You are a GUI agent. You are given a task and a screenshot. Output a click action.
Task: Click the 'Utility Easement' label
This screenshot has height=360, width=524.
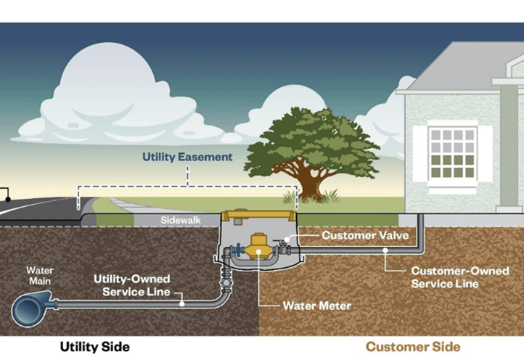pos(187,157)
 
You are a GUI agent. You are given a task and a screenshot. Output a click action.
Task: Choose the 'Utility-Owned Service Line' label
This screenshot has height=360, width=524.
pos(132,285)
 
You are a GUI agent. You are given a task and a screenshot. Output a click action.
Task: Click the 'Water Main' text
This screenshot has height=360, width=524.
pos(40,276)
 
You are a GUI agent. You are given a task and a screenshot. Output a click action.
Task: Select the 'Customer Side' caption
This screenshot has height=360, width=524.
pos(412,346)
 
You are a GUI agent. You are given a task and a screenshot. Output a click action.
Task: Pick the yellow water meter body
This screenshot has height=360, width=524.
pos(259,247)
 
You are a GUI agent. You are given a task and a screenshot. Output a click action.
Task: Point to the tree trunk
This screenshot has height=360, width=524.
pos(311,187)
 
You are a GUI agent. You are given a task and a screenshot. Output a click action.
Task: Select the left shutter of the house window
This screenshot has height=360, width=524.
pos(420,153)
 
